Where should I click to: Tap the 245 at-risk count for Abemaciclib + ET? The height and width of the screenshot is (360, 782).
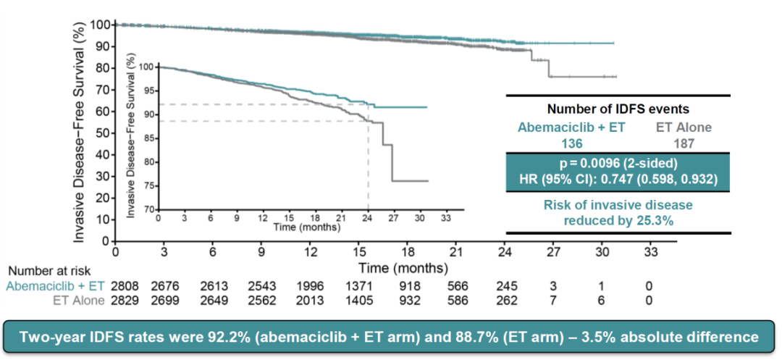tap(506, 285)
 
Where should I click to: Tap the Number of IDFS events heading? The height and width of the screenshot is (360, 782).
tap(618, 109)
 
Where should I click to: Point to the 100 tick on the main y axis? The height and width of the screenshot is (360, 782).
tap(101, 25)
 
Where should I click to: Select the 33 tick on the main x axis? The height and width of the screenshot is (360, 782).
tap(651, 252)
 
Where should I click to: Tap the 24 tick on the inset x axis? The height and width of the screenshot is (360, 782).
tap(369, 217)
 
